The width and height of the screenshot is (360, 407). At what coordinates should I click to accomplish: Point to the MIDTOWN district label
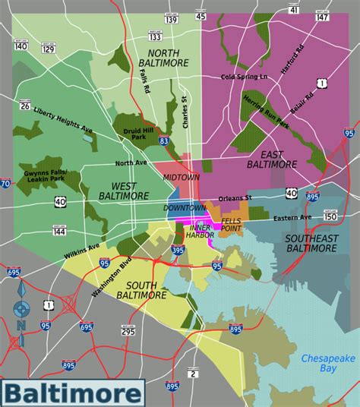182,177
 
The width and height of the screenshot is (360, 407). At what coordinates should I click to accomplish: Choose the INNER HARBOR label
203,231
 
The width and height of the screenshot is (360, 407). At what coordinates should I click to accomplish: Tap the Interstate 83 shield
164,140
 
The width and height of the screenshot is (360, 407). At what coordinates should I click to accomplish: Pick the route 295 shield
127,332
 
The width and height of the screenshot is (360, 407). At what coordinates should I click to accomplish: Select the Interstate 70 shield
5,183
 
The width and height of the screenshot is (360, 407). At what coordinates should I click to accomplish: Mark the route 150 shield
330,217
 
